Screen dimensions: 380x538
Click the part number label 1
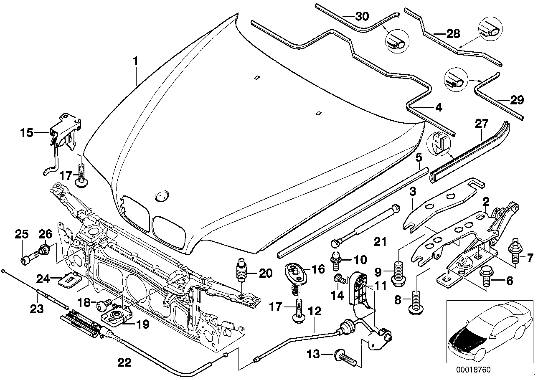[135, 61]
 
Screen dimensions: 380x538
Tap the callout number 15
[28, 133]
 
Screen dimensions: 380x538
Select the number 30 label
[362, 17]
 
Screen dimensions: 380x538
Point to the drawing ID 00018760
[474, 370]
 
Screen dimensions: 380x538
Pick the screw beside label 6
[485, 277]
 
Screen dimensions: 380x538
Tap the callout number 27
[482, 123]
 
